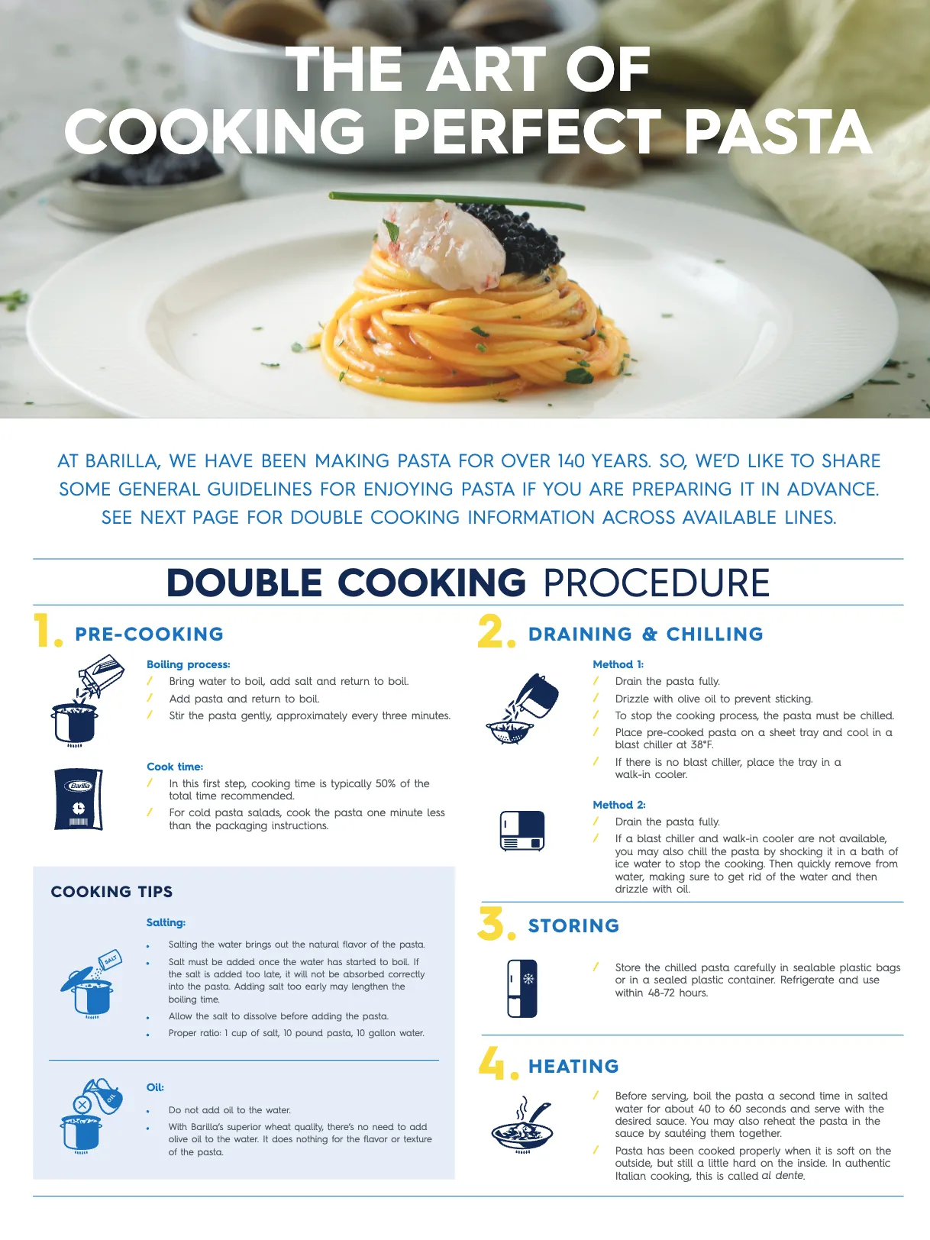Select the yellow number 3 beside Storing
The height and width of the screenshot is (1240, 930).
[x=492, y=923]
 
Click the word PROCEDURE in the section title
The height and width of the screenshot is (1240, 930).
[x=656, y=583]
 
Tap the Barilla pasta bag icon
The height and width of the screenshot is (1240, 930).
[x=78, y=799]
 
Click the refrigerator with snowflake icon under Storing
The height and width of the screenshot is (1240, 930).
[x=522, y=988]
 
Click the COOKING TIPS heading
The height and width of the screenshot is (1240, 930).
[x=111, y=892]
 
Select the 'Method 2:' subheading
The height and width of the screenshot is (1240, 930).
[x=618, y=805]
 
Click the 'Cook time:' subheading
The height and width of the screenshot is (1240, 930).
[x=175, y=767]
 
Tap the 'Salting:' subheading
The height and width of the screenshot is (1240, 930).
[x=166, y=922]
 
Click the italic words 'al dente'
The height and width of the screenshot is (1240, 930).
[x=783, y=1176]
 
